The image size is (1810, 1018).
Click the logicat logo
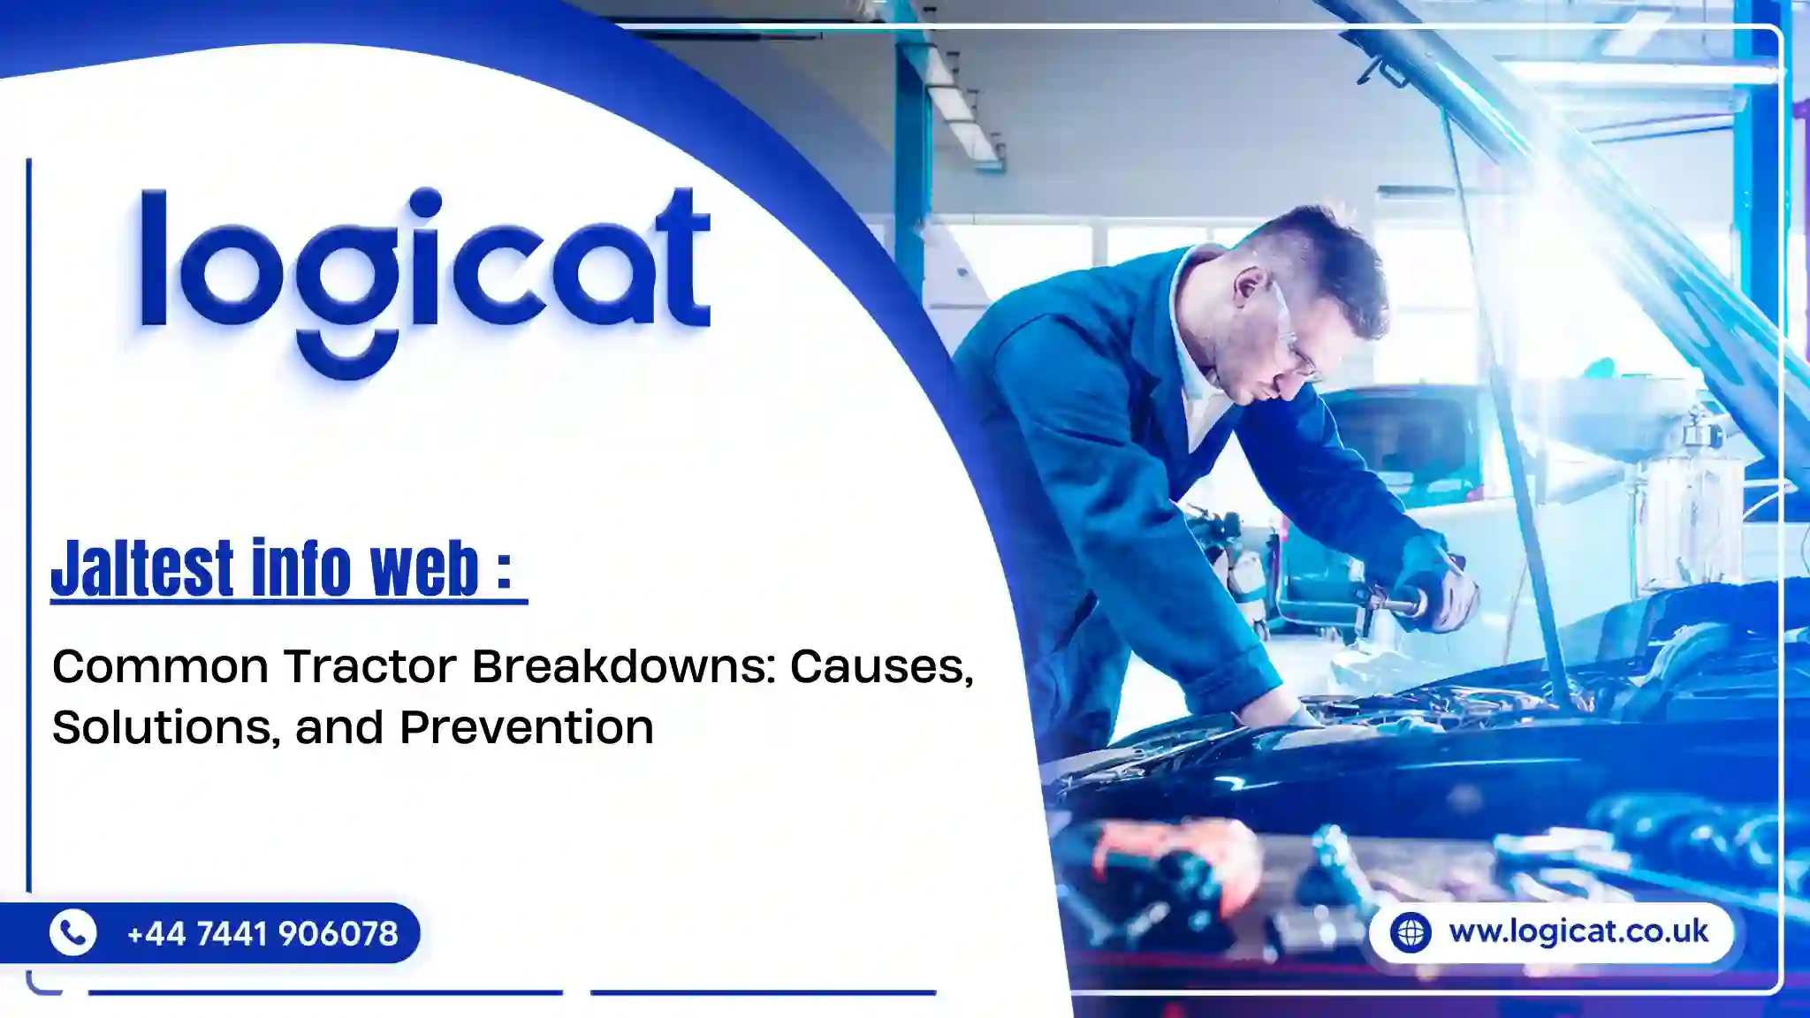click(x=425, y=281)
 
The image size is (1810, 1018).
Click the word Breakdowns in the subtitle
click(x=624, y=666)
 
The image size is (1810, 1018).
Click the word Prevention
click(x=527, y=728)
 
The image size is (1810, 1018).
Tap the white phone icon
click(x=72, y=932)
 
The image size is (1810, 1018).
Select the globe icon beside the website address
click(x=1410, y=932)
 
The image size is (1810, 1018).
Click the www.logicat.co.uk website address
click(x=1578, y=931)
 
